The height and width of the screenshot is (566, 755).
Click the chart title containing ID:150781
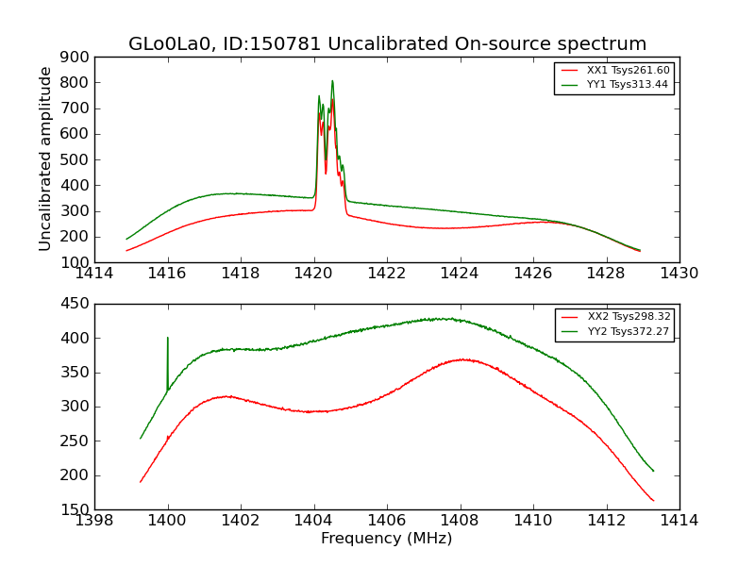[x=387, y=44]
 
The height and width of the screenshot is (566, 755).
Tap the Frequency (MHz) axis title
[x=387, y=539]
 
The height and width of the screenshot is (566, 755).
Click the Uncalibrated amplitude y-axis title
[x=45, y=158]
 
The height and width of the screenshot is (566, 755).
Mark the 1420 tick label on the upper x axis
[x=313, y=274]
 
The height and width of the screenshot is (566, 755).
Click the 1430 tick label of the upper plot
[x=679, y=274]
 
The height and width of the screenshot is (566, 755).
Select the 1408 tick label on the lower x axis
[x=460, y=521]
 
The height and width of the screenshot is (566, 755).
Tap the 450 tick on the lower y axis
[x=77, y=304]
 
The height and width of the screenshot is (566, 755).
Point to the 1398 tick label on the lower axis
[x=94, y=521]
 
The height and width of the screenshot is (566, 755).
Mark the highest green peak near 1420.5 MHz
[x=332, y=81]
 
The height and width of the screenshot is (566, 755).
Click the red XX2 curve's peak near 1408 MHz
[x=461, y=359]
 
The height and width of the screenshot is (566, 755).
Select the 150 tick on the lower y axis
[x=77, y=509]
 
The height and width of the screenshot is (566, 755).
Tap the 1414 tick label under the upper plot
[x=94, y=274]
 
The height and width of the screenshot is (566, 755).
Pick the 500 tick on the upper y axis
[x=77, y=159]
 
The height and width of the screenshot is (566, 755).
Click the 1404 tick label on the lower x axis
[x=313, y=521]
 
